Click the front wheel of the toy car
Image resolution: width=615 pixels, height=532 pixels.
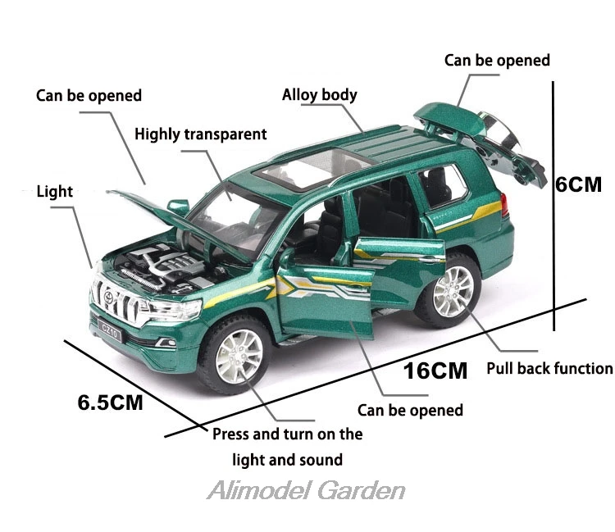click(235, 355)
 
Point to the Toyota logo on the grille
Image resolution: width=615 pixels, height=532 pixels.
click(108, 298)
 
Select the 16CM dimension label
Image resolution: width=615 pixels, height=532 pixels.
click(435, 371)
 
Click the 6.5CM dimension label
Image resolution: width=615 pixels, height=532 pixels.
click(110, 402)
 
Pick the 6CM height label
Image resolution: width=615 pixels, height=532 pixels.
click(579, 184)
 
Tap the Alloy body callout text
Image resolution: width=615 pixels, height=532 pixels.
click(320, 95)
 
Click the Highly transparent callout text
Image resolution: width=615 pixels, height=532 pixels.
click(200, 134)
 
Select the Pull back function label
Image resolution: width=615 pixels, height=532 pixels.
click(549, 369)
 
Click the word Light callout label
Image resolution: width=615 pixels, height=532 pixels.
click(54, 191)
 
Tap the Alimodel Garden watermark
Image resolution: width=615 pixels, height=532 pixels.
click(306, 490)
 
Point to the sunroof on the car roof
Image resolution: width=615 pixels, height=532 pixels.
click(312, 169)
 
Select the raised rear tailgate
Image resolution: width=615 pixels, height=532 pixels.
click(481, 145)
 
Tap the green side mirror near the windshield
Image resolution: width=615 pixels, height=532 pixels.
click(179, 207)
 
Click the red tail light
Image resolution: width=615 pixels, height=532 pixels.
click(504, 205)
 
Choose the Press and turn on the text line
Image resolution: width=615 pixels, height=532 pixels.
click(288, 434)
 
